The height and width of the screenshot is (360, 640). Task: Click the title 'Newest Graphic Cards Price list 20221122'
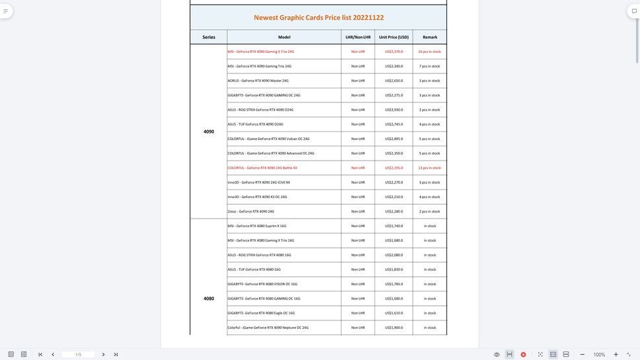tap(318, 18)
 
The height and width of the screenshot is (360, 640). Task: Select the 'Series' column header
tap(209, 37)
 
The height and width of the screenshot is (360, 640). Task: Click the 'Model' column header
tap(284, 37)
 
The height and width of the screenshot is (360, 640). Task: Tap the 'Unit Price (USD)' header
tap(394, 37)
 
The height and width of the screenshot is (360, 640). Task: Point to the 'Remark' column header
tap(430, 37)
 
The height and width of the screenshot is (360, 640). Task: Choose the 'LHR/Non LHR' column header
tap(358, 37)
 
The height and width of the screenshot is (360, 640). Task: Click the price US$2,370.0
tap(394, 52)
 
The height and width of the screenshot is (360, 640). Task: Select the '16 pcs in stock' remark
tap(429, 52)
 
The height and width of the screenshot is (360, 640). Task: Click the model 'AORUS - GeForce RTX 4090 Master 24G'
tap(258, 81)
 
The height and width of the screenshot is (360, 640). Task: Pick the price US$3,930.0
tap(394, 110)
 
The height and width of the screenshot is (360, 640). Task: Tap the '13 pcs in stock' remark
tap(429, 168)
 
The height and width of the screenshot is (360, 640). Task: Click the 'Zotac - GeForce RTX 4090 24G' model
tap(251, 211)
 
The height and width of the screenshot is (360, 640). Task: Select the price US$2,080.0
tap(394, 255)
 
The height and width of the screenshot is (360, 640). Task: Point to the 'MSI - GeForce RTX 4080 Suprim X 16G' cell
tap(257, 226)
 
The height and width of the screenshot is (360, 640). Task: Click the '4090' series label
tap(209, 131)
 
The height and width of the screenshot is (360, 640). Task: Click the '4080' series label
tap(209, 299)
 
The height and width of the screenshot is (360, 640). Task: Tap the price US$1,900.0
tap(394, 328)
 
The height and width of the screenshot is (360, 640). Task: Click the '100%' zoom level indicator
tap(599, 355)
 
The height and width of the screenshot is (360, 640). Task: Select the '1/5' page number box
tap(78, 355)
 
